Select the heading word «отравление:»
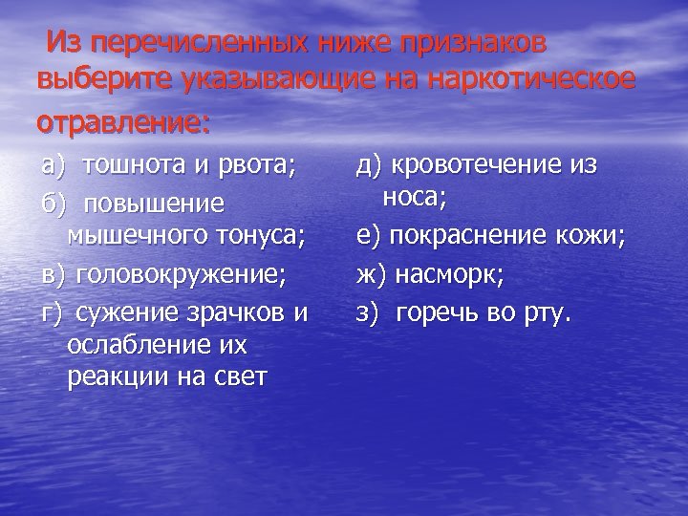point(122,124)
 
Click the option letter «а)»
point(55,165)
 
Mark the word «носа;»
point(414,198)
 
